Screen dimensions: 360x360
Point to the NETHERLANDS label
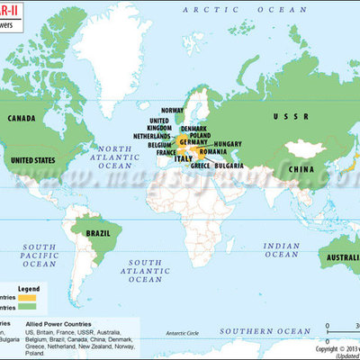point(153,136)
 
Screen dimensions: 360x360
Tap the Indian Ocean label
point(283,248)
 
